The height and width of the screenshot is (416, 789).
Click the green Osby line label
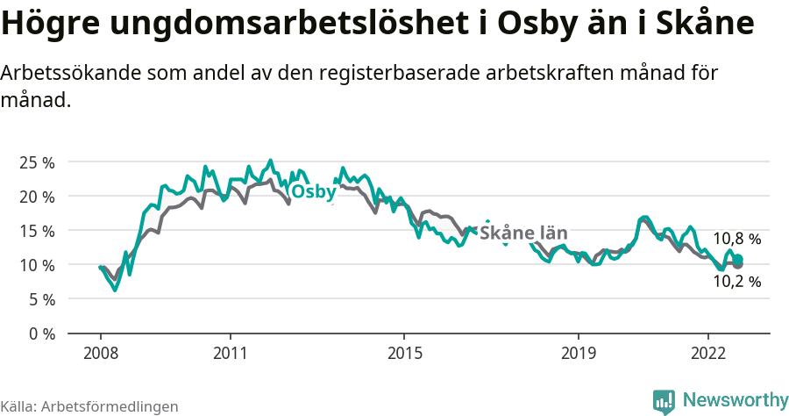point(312,192)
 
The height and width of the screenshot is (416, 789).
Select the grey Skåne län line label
point(523,233)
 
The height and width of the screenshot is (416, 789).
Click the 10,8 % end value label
point(736,239)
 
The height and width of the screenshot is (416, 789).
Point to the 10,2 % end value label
point(736,282)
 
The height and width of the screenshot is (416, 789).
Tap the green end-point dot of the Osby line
point(738,259)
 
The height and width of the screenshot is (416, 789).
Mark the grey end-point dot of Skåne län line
point(738,264)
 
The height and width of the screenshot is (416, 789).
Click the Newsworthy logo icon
point(664,401)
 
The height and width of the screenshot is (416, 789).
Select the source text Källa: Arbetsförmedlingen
point(89,406)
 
